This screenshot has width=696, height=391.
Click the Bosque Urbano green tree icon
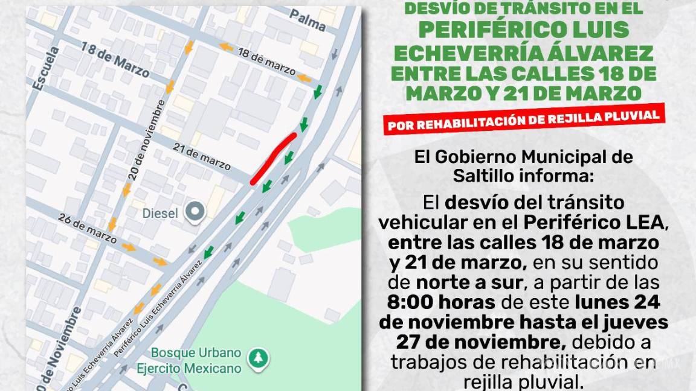pos(259,357)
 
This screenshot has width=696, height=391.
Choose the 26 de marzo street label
pos(88,228)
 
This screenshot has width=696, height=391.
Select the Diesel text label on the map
pos(160,214)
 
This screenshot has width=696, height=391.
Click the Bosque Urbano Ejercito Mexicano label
pos(196,360)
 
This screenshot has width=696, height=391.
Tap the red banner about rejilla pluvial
pos(523,119)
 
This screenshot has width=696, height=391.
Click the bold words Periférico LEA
pos(594,222)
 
